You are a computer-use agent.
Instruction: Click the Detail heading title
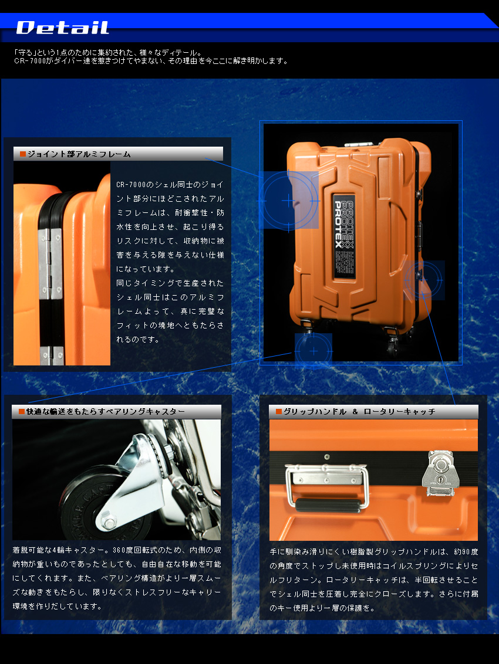[62, 28]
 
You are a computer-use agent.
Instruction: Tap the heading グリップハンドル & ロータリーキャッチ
[359, 412]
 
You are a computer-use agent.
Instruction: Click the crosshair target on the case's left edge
[288, 201]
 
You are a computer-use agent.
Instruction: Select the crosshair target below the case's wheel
[313, 351]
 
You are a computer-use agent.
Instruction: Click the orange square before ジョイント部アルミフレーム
[23, 154]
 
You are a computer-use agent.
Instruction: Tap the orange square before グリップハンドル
[278, 412]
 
